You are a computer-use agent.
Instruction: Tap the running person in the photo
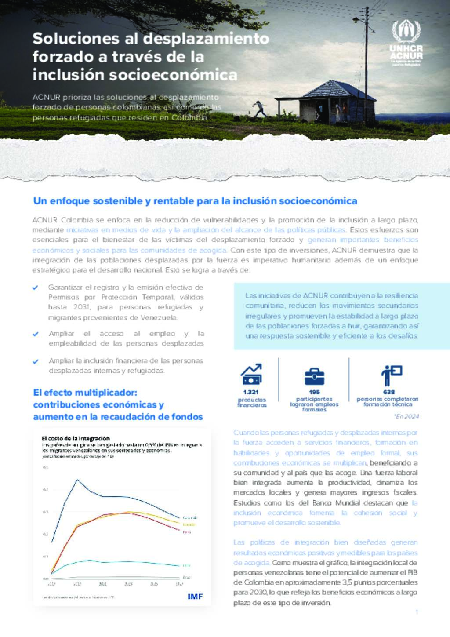point(260,109)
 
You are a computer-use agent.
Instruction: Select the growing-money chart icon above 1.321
point(251,374)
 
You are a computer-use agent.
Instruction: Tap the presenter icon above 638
point(391,375)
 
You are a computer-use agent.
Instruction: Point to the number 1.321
point(250,392)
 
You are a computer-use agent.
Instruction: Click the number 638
point(389,392)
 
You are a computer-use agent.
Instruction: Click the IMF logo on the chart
point(195,597)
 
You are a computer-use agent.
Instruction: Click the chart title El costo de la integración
point(76,438)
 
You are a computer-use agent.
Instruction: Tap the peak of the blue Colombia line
point(77,480)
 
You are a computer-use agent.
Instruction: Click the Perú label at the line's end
point(187,532)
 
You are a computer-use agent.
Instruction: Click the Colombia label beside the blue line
point(190,517)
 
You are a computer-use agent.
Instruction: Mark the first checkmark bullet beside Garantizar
point(36,288)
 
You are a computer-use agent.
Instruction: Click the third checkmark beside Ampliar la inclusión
point(36,361)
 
